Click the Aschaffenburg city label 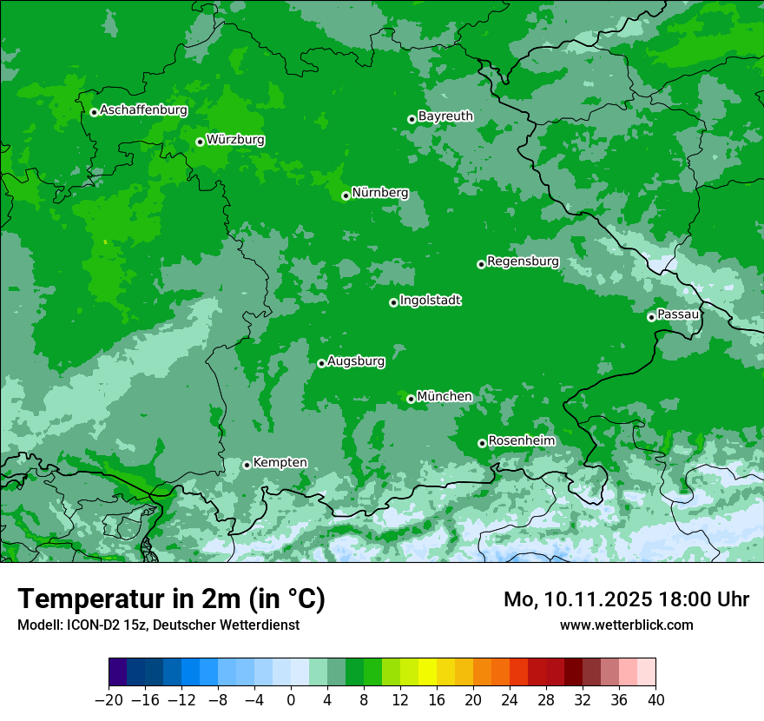tap(143, 110)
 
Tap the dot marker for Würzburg tap(200, 142)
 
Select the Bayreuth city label tap(445, 116)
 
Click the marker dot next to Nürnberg tap(346, 195)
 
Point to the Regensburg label tap(523, 261)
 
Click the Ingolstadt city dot tap(393, 302)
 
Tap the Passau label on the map tap(678, 314)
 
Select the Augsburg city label tap(356, 361)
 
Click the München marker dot tap(411, 399)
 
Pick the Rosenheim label tap(521, 441)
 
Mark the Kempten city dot tap(247, 465)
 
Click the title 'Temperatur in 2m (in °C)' tap(171, 599)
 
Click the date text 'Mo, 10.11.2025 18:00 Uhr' tap(626, 599)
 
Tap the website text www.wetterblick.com tap(626, 625)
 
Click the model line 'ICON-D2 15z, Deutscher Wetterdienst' tap(158, 625)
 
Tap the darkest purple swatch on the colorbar tap(118, 672)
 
